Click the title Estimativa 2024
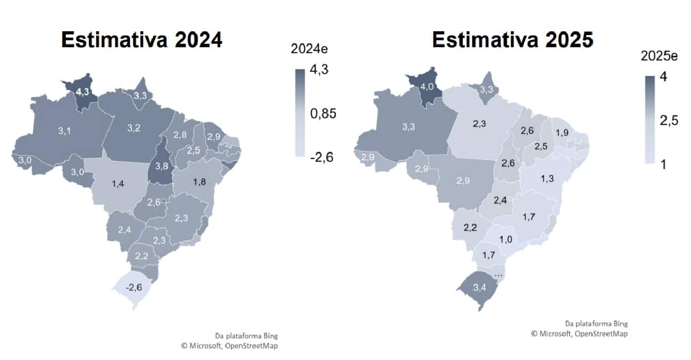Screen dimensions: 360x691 click(x=141, y=40)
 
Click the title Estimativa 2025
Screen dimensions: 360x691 click(x=513, y=40)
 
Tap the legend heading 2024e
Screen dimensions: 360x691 click(x=309, y=49)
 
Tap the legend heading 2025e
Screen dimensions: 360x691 click(x=659, y=56)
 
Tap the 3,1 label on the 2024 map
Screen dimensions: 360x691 click(x=64, y=131)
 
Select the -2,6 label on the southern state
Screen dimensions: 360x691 click(x=134, y=287)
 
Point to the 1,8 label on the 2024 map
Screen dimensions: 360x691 click(x=199, y=182)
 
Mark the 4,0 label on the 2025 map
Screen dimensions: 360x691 click(x=427, y=87)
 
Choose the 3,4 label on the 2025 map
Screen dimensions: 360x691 click(x=479, y=287)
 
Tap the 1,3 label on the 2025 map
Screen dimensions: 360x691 click(x=546, y=179)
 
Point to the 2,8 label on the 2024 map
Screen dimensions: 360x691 click(x=180, y=135)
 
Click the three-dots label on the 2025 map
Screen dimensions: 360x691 click(x=498, y=274)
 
